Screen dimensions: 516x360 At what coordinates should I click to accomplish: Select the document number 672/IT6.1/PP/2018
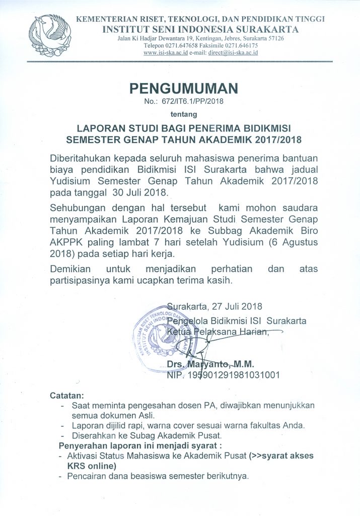coord(192,102)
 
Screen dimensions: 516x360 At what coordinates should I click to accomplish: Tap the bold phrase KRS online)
coord(82,465)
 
